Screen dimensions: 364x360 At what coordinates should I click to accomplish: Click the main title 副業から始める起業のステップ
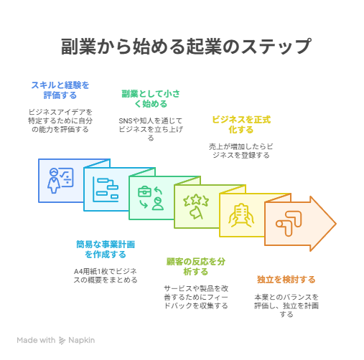186,46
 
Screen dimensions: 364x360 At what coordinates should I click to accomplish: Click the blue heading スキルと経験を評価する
60,90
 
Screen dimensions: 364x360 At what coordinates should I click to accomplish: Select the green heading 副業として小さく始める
151,99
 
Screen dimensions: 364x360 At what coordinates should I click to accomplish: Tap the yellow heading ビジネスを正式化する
241,125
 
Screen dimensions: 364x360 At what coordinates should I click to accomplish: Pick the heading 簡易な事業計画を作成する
106,250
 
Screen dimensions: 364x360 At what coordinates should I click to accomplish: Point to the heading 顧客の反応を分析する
196,267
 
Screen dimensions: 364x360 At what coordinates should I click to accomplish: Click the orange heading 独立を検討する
286,279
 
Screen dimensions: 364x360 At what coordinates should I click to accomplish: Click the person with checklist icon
60,181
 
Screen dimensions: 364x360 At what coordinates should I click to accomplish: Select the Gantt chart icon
106,189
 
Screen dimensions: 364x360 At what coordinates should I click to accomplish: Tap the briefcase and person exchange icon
151,198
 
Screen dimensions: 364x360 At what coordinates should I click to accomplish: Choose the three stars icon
196,207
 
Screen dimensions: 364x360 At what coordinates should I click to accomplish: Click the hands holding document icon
241,215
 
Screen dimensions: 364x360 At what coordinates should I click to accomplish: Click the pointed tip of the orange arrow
336,224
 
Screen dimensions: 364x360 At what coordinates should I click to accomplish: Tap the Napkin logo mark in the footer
62,341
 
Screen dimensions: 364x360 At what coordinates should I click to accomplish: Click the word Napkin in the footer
82,340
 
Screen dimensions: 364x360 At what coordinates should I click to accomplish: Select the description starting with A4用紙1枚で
106,275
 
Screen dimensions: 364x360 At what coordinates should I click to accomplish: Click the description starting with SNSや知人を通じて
151,129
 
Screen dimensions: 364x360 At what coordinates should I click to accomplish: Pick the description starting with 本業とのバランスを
286,305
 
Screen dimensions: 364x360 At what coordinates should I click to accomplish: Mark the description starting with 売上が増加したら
241,151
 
